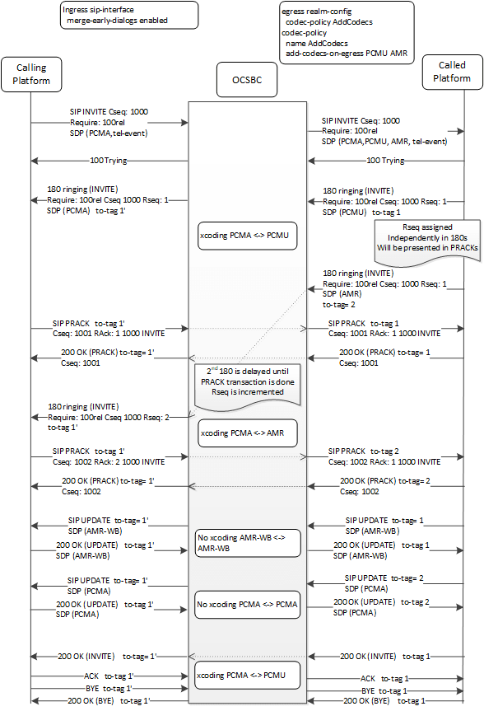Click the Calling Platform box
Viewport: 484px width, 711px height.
point(30,74)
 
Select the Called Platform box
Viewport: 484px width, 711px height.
point(449,73)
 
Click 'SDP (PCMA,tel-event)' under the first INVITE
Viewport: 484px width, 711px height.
point(108,130)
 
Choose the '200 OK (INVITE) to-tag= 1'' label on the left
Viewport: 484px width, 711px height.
point(107,656)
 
